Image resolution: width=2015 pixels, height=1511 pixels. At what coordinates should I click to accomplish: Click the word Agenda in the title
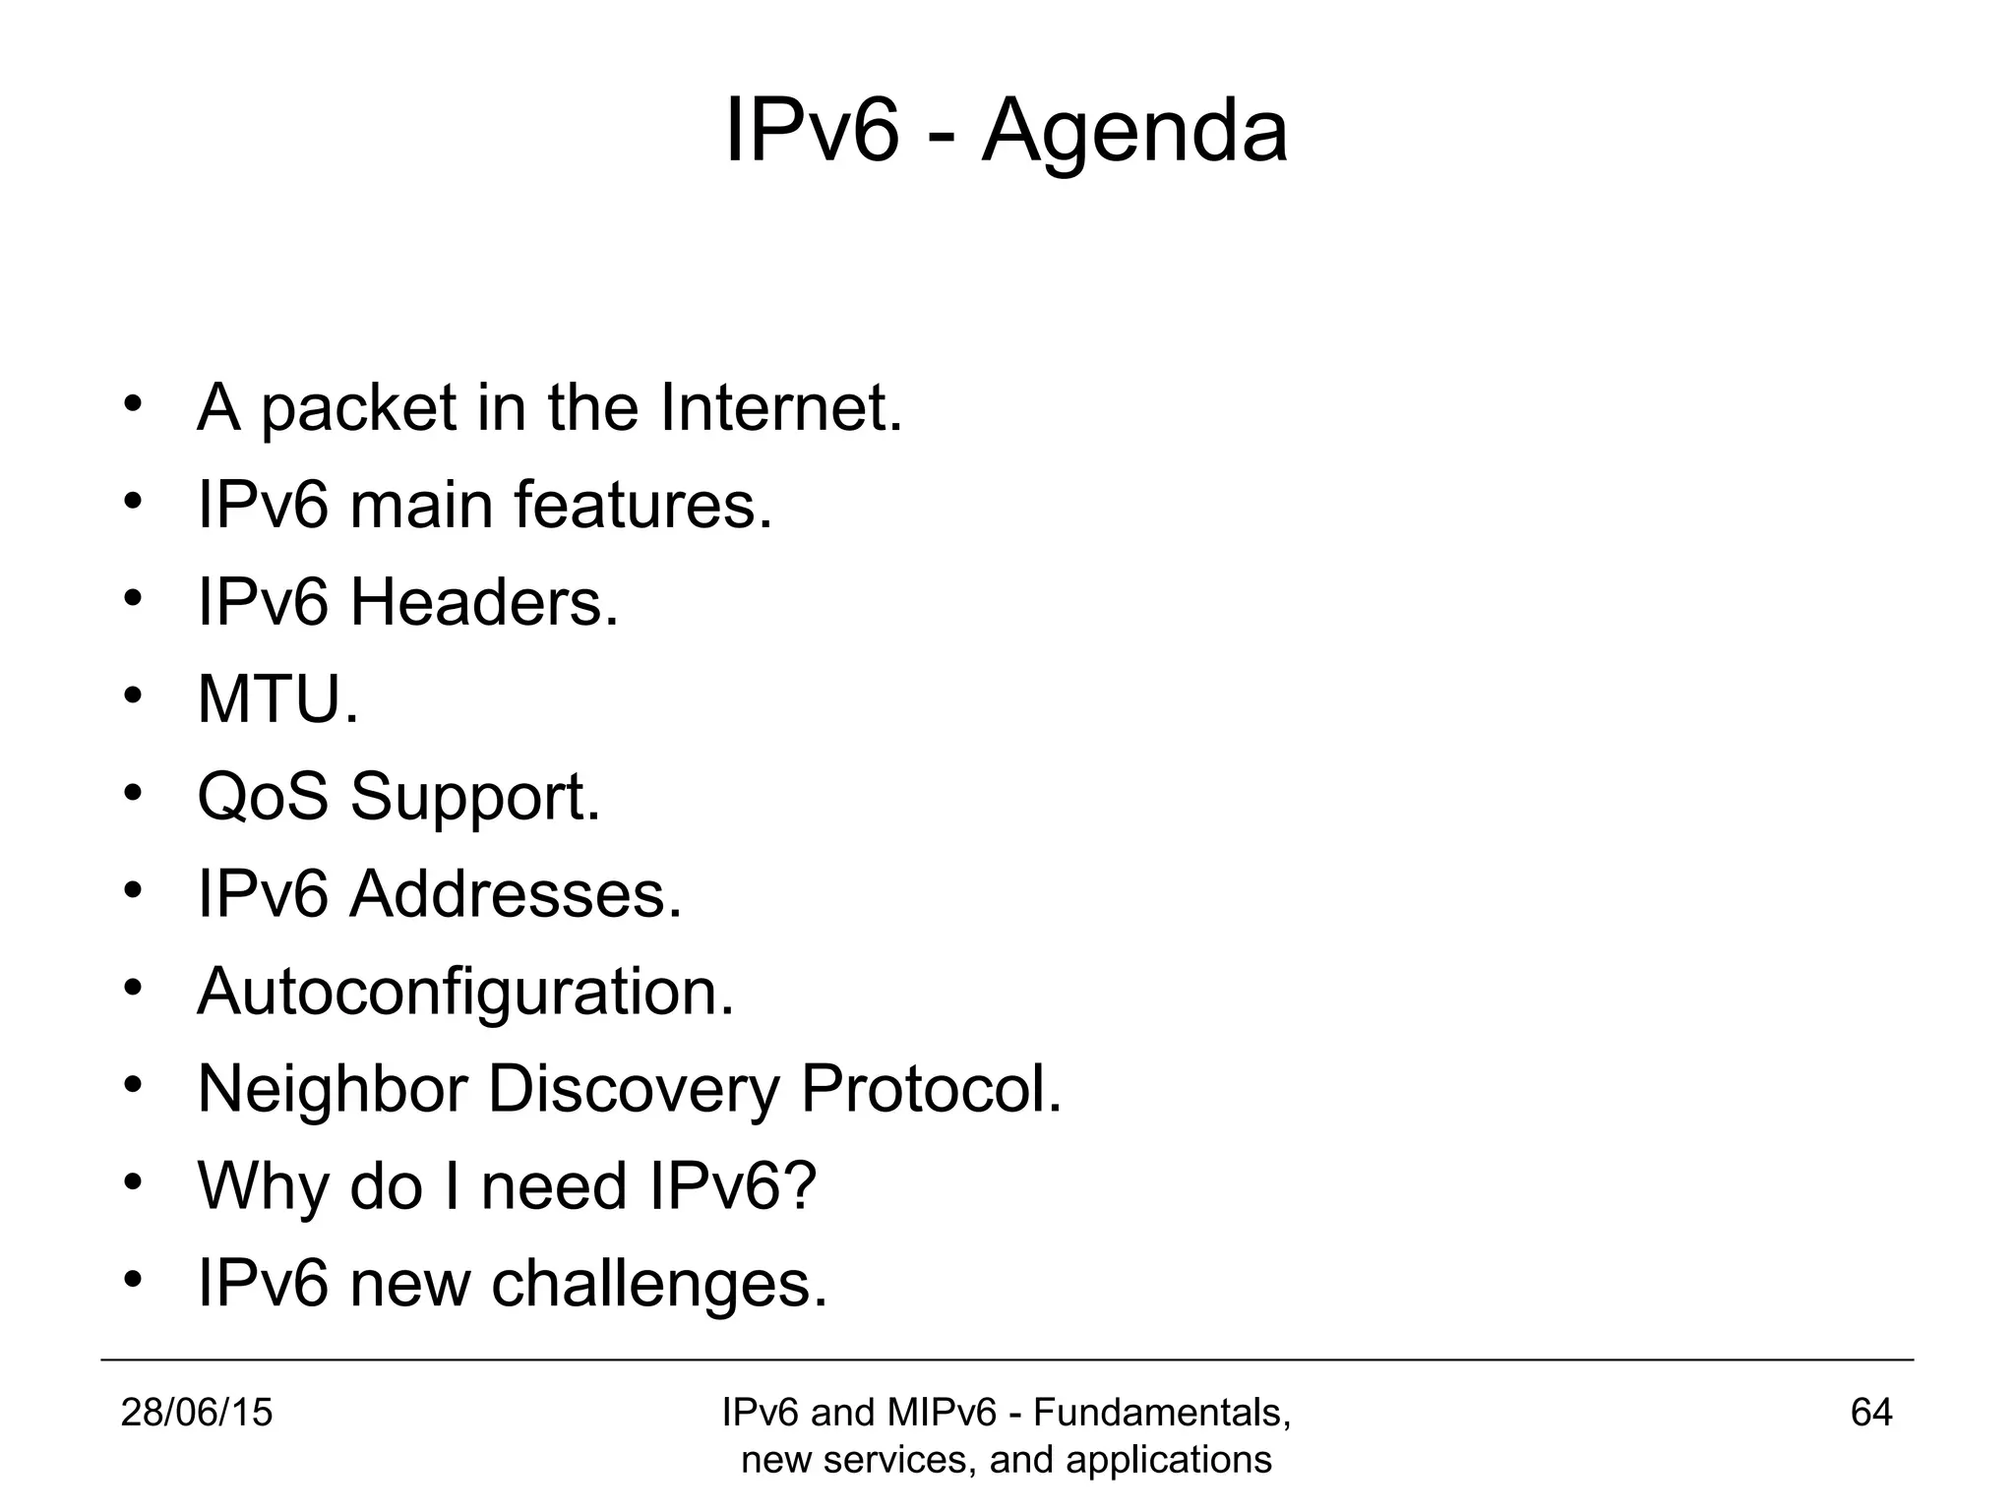pos(1134,133)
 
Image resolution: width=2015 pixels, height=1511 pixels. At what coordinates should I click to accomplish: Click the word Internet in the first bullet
pos(780,407)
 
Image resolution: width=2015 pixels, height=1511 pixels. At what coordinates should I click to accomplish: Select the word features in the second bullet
pos(642,505)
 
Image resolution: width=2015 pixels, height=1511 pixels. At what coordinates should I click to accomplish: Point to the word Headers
pos(484,602)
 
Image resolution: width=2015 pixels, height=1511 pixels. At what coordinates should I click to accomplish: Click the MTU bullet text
pos(277,699)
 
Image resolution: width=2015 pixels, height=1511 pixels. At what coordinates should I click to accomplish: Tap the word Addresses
pos(516,894)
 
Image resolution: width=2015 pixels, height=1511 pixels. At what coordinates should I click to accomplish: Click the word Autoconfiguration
pos(465,992)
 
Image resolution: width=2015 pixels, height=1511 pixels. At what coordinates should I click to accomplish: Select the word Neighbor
pos(332,1090)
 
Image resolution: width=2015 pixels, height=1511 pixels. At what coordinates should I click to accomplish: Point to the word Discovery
pos(634,1090)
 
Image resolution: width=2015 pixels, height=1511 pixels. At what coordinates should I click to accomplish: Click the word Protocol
pos(931,1089)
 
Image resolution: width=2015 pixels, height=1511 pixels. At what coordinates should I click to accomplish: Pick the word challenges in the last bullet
pos(659,1284)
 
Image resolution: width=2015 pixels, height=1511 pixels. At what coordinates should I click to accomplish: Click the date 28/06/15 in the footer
pos(196,1414)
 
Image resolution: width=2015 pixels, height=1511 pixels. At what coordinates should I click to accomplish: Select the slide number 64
pos(1871,1414)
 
